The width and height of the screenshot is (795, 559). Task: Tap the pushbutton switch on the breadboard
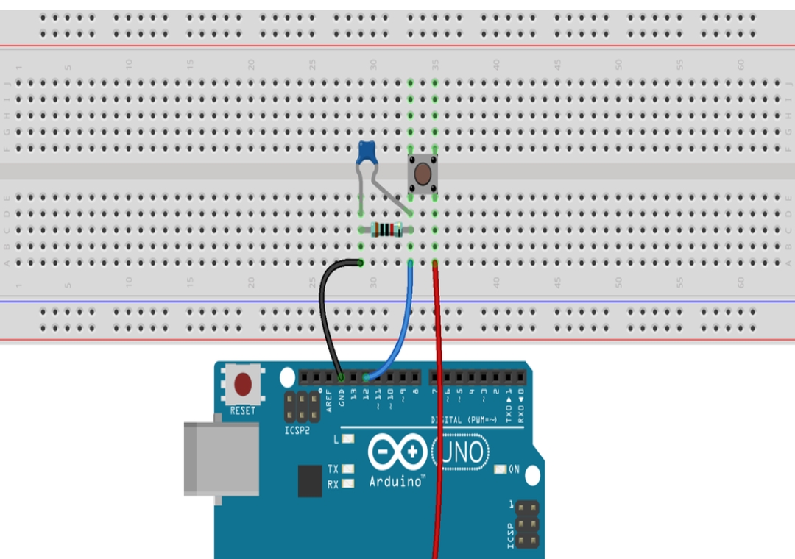423,174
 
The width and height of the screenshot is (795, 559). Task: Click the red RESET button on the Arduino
243,383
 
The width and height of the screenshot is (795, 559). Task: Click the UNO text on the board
462,452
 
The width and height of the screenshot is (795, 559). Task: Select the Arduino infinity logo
397,452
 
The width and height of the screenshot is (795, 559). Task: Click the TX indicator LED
347,469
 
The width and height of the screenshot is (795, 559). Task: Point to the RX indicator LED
347,483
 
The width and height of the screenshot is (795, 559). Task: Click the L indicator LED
347,439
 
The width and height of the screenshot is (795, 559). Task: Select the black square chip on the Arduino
310,481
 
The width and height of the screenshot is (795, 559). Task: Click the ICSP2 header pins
302,407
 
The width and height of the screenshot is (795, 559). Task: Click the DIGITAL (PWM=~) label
464,420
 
